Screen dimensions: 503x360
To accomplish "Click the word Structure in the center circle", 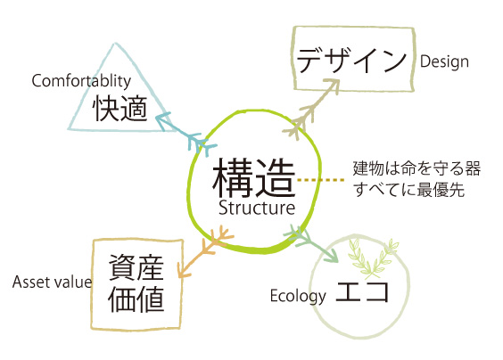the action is point(257,208).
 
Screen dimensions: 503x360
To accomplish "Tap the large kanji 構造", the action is point(253,177).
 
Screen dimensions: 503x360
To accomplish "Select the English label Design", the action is point(444,61).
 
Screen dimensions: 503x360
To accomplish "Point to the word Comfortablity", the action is point(81,80).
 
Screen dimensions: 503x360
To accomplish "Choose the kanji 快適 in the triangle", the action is point(120,109).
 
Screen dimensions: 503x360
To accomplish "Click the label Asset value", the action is point(52,282).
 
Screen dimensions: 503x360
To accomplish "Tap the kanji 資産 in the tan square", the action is point(136,268).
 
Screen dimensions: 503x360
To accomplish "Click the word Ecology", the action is point(298,296).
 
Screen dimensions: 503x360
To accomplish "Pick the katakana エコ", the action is point(362,291).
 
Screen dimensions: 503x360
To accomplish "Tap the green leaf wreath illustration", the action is point(373,258).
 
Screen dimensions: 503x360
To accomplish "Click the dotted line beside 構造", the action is point(321,180).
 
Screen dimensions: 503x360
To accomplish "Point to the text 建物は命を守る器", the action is point(416,168).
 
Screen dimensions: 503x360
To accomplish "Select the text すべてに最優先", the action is point(409,190).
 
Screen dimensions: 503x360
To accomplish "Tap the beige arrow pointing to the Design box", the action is point(310,109).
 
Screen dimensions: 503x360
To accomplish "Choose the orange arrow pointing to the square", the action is point(205,251).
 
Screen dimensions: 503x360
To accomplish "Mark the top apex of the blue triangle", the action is point(114,44).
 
